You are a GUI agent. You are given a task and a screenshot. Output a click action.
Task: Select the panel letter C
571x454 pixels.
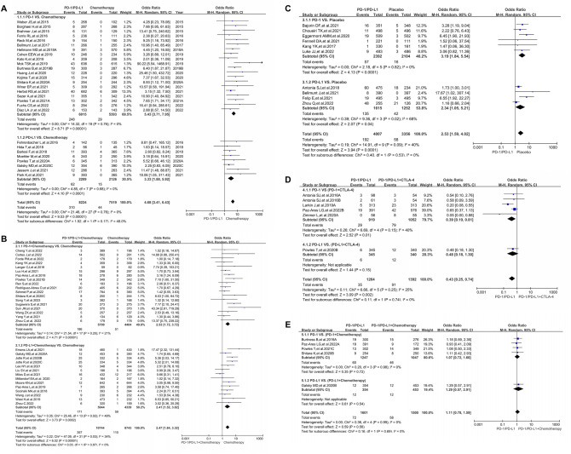(294, 4)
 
